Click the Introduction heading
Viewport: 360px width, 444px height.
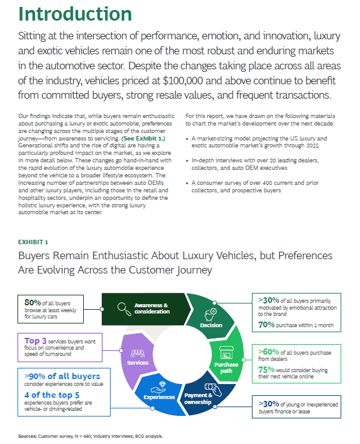click(x=75, y=14)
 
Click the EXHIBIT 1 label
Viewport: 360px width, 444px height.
click(x=33, y=242)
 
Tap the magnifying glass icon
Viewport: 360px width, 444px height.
click(x=124, y=309)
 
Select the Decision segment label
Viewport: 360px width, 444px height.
click(x=211, y=325)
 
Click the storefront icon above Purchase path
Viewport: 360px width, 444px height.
click(x=226, y=353)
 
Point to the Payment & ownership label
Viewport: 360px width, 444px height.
click(x=198, y=398)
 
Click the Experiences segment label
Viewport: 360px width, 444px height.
click(x=159, y=397)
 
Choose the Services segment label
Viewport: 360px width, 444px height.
click(x=137, y=363)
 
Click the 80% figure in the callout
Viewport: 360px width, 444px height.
click(x=32, y=303)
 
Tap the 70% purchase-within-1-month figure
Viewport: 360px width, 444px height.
click(x=266, y=325)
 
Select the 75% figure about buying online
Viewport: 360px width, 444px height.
click(x=266, y=370)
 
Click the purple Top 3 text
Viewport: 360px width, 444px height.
click(x=35, y=340)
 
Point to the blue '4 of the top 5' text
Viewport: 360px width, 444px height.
click(x=52, y=395)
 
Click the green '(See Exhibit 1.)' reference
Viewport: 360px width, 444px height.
click(x=143, y=139)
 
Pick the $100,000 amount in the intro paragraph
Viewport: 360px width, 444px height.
click(x=183, y=81)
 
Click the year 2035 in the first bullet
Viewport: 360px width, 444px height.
click(x=312, y=146)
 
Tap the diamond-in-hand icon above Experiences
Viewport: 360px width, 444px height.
click(x=159, y=387)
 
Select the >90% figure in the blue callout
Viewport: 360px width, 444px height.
click(x=35, y=377)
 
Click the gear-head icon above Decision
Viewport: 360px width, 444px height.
click(x=211, y=315)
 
